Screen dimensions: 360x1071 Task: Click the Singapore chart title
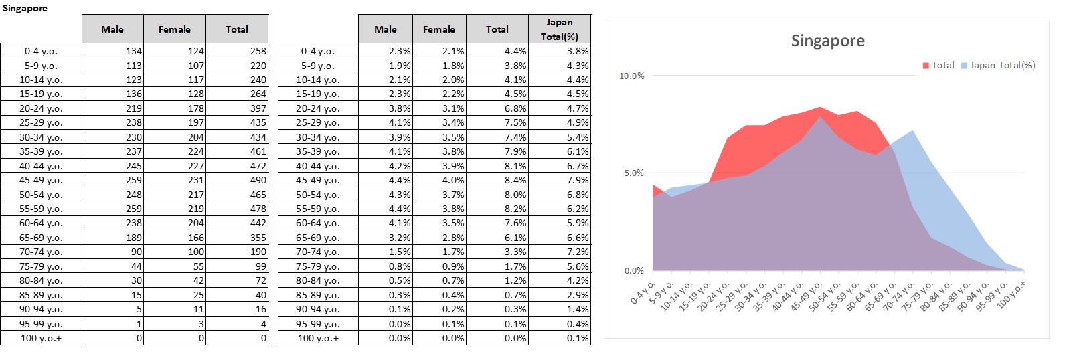[827, 41]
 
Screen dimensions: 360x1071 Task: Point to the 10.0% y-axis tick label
[631, 76]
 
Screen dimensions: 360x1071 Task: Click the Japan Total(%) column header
[559, 29]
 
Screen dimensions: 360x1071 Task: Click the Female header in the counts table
[174, 29]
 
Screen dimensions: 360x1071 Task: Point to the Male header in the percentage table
[385, 29]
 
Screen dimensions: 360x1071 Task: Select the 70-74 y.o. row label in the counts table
[41, 252]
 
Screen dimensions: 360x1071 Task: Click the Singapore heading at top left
[25, 9]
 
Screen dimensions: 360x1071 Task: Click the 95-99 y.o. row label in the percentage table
[317, 324]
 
